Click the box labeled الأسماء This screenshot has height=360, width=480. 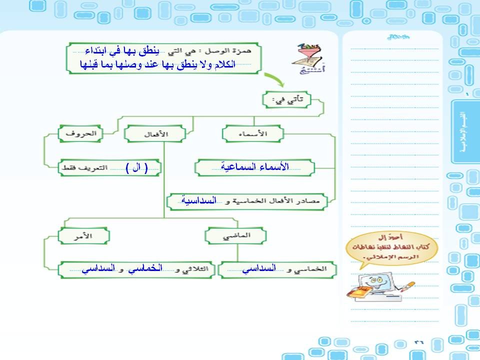(253, 134)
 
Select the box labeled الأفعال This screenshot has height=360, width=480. (154, 134)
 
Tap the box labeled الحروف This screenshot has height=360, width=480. (80, 133)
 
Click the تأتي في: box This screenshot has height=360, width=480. (286, 100)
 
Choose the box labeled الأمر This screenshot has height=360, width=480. (83, 234)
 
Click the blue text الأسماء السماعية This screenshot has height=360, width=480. (255, 167)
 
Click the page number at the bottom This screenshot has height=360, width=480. (418, 341)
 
